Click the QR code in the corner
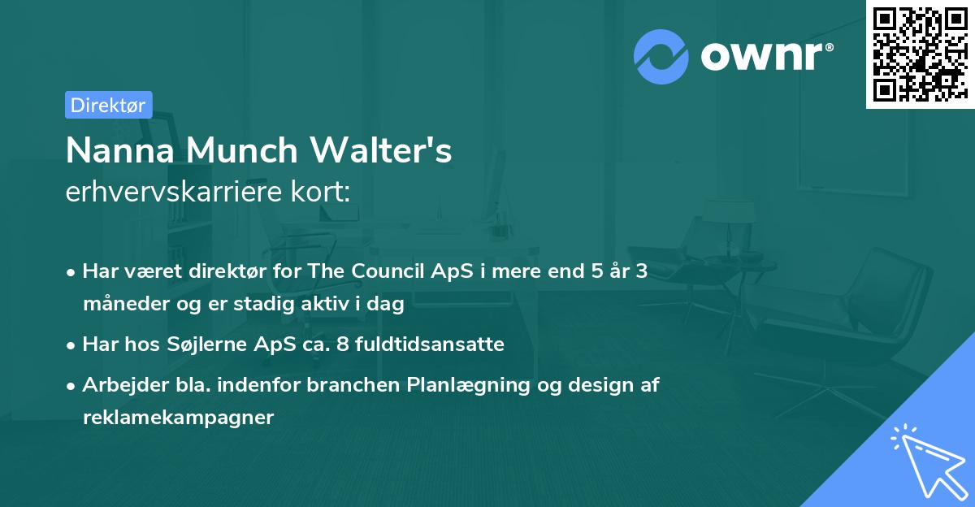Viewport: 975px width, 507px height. click(920, 54)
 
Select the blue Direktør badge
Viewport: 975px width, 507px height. click(108, 105)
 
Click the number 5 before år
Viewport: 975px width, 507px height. click(599, 271)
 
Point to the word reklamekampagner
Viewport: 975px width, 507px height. click(178, 418)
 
